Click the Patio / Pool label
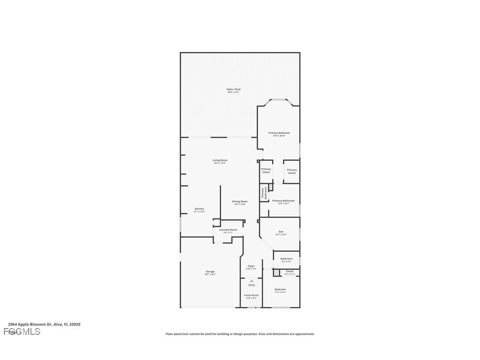[233, 90]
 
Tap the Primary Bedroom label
[279, 133]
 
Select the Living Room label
[220, 161]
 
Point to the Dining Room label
[240, 202]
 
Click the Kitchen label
[199, 209]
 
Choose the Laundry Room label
[228, 230]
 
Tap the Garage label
[210, 272]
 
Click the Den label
[281, 232]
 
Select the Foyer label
[251, 266]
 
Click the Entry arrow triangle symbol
[251, 280]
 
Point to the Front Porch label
[251, 295]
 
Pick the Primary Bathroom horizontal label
[283, 201]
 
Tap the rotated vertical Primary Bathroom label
[264, 193]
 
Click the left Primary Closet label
[266, 170]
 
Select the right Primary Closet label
[292, 171]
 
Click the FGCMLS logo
[22, 332]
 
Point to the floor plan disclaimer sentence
[240, 334]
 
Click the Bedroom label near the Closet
[280, 290]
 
